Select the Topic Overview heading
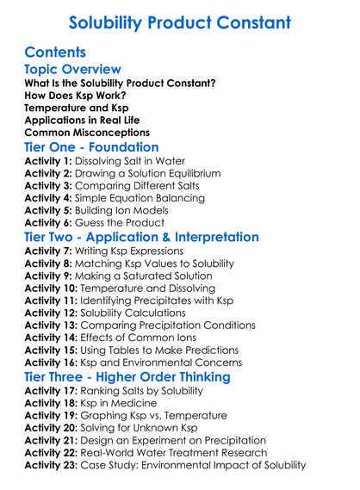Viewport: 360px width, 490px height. click(x=73, y=70)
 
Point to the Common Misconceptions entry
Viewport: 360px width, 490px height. click(x=87, y=133)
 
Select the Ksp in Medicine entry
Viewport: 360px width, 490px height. click(x=122, y=403)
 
